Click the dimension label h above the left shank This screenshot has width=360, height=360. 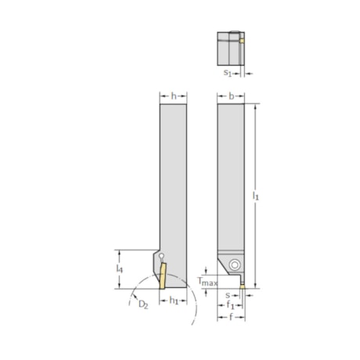[x=173, y=96]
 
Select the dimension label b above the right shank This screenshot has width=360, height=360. [x=231, y=96]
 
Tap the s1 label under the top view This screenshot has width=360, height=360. [x=228, y=73]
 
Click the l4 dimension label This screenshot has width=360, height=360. [x=120, y=268]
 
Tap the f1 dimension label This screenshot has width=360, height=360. [x=230, y=306]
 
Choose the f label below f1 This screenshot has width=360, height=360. [x=230, y=319]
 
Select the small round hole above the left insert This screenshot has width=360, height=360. [x=161, y=256]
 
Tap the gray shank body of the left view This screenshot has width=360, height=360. [x=173, y=172]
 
